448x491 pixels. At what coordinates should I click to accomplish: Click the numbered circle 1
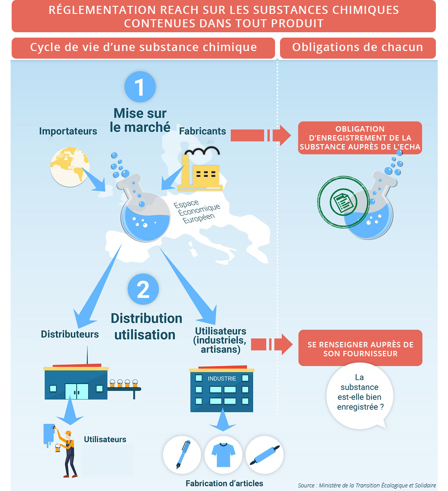(x=140, y=87)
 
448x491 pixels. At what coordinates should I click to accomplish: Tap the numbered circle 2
(x=143, y=289)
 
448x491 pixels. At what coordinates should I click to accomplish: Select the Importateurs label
(x=68, y=131)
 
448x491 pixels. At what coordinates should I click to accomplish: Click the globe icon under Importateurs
(x=69, y=167)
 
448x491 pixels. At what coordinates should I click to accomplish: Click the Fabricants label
(x=202, y=131)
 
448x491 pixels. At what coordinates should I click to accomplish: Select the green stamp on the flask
(x=343, y=202)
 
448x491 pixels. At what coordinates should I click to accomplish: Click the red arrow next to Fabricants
(x=261, y=136)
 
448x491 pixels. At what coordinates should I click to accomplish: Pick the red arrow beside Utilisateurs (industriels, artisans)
(x=272, y=345)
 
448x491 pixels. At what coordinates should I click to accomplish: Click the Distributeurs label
(x=69, y=334)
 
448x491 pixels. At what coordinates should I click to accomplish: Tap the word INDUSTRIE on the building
(x=222, y=379)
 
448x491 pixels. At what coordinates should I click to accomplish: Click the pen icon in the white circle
(x=182, y=455)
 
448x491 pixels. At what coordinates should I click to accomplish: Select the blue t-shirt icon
(x=223, y=455)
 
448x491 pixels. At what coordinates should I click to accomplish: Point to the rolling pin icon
(x=265, y=455)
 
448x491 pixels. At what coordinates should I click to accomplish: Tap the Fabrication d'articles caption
(x=224, y=483)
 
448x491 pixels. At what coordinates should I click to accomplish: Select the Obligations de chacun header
(x=358, y=47)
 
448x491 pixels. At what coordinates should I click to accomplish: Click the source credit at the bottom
(x=367, y=485)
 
